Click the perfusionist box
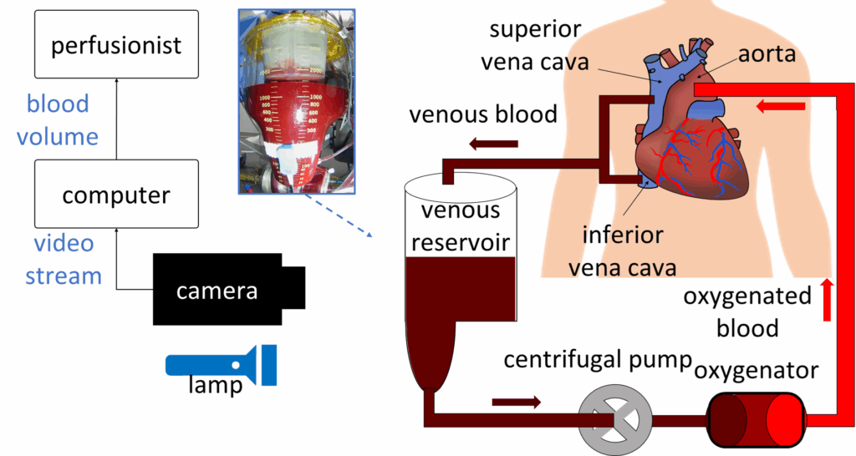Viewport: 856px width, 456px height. [x=116, y=44]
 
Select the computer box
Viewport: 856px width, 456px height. [x=116, y=195]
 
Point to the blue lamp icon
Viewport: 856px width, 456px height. [x=222, y=365]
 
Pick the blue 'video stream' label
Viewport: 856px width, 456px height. [x=64, y=260]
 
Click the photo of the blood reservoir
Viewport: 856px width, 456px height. [x=285, y=101]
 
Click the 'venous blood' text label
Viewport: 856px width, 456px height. [x=483, y=114]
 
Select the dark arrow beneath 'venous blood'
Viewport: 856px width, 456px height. [x=493, y=144]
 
